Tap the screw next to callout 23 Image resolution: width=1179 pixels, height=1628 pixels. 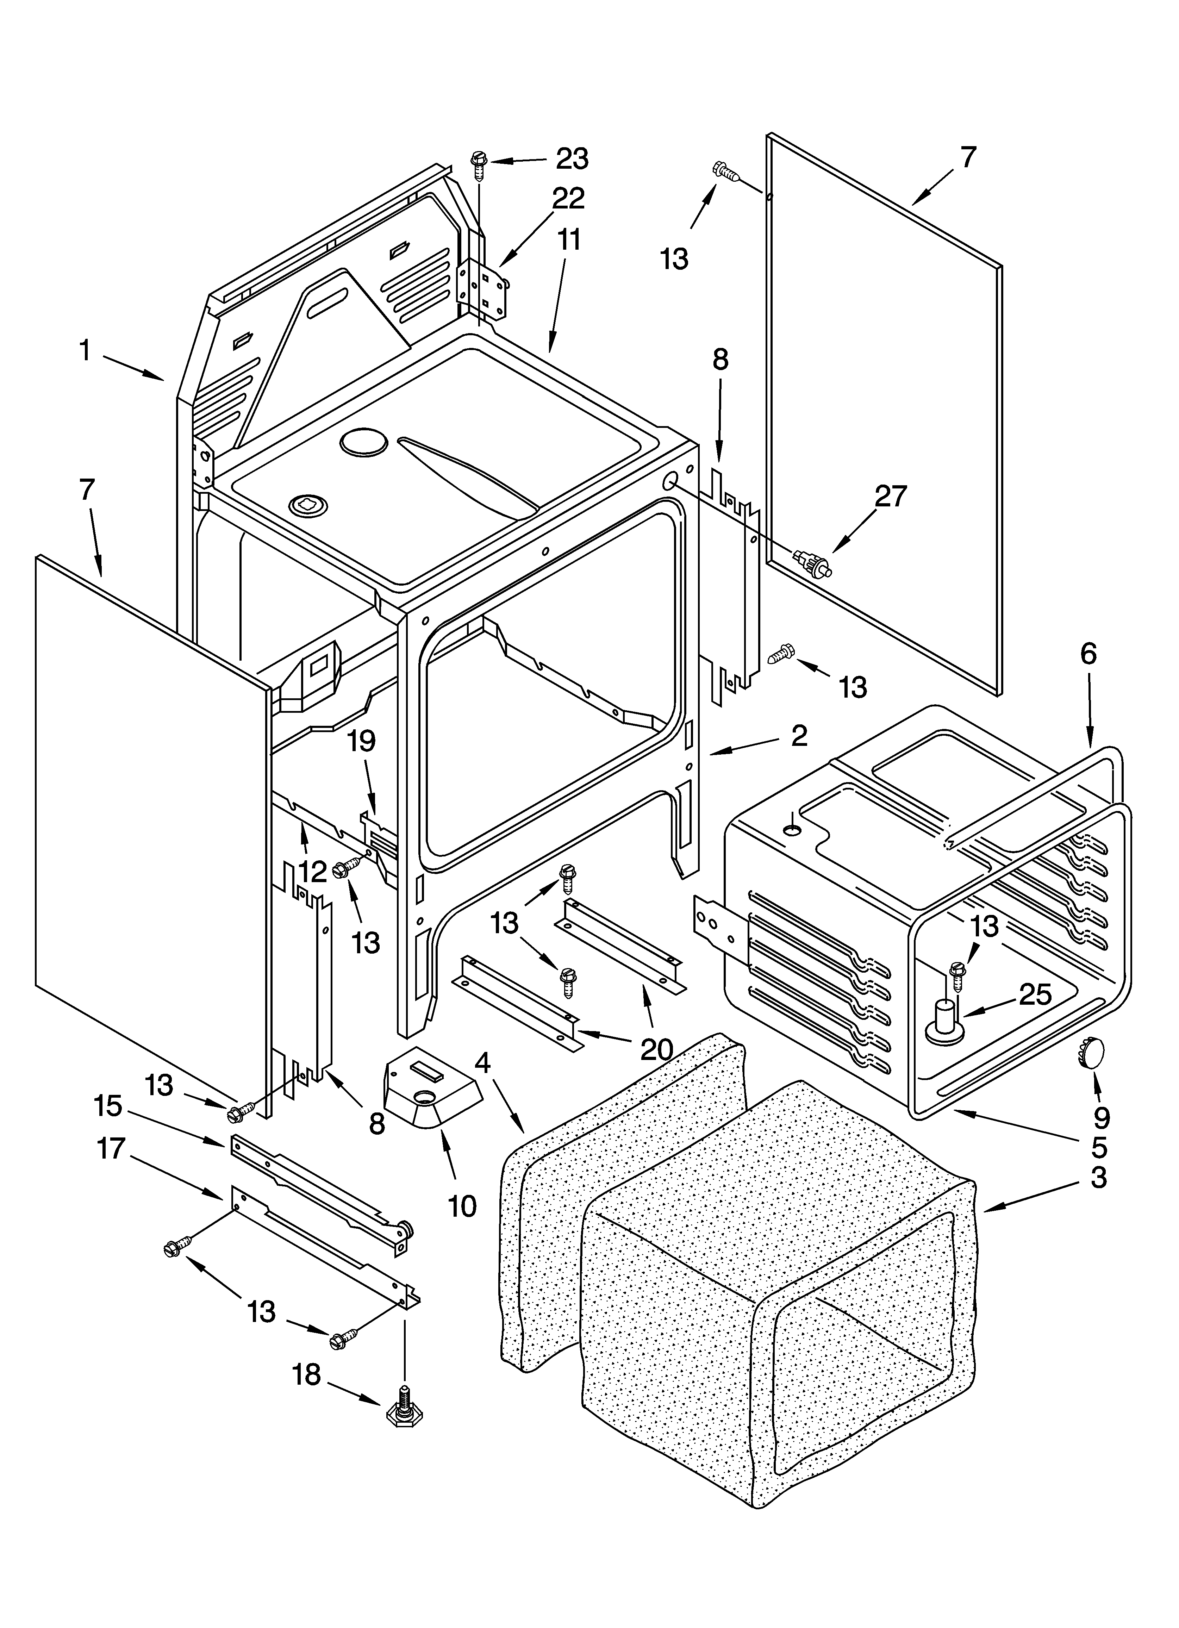click(479, 164)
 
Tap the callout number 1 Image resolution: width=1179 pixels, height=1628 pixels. click(85, 351)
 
